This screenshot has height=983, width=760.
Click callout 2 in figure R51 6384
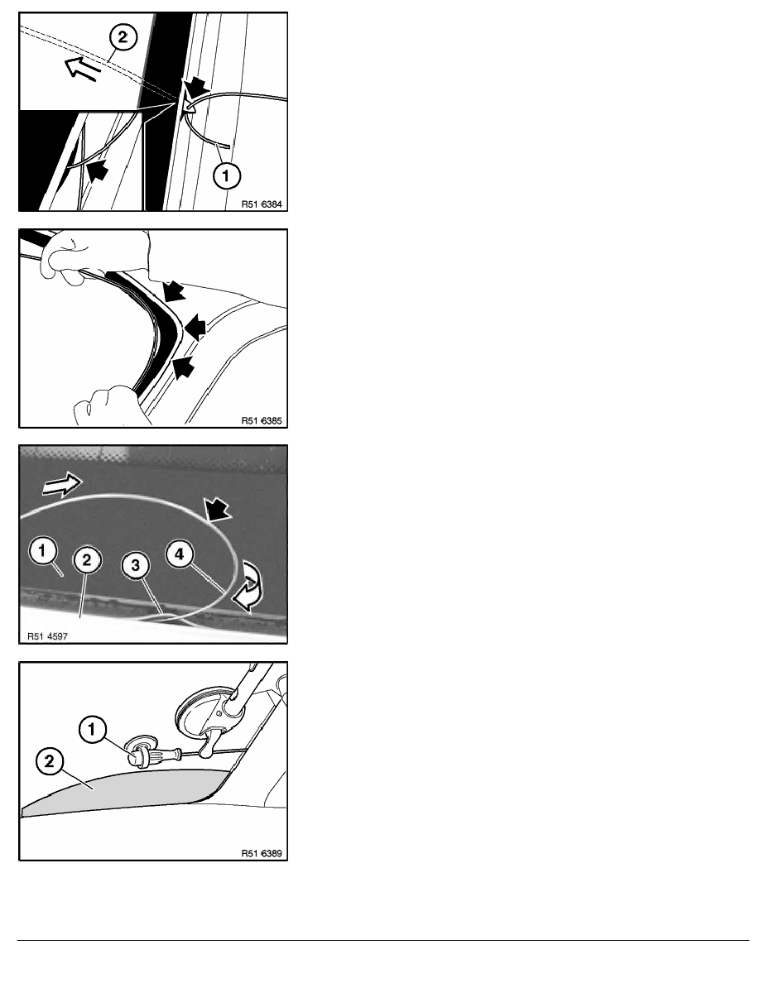[123, 37]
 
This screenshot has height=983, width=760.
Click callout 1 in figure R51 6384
[226, 175]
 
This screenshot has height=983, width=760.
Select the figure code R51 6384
[262, 204]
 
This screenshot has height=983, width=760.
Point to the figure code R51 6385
[262, 420]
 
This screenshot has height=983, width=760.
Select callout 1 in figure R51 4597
[42, 551]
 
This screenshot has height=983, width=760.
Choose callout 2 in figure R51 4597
[87, 560]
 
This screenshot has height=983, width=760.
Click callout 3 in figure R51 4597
[135, 565]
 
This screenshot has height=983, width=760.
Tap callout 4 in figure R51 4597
[180, 554]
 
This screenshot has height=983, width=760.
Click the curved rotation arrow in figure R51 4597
[249, 586]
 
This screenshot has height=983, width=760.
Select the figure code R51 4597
[48, 636]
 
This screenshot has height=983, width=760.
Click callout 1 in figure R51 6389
[92, 730]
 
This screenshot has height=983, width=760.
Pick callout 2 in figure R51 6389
[50, 762]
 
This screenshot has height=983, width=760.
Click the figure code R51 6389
[262, 853]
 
